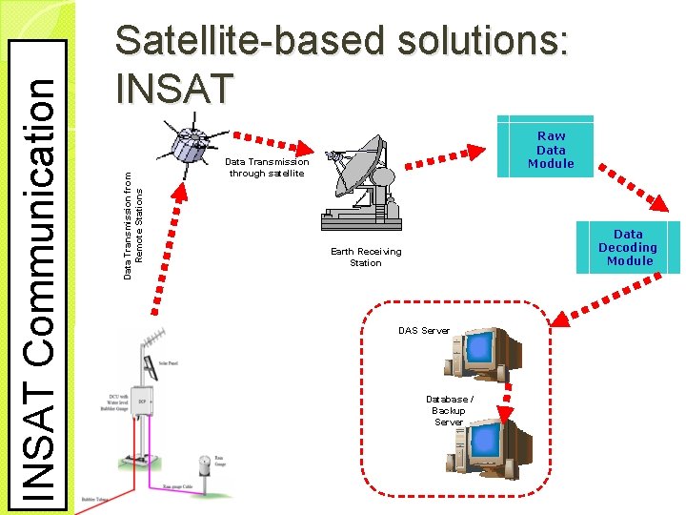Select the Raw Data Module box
point(551,150)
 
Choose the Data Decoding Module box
point(628,247)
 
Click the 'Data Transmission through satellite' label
point(267,168)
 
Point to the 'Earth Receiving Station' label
point(366,257)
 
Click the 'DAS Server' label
point(423,331)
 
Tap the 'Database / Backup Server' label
point(449,410)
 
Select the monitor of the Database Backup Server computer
point(486,438)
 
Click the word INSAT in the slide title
point(172,89)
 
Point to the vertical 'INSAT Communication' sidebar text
point(39,273)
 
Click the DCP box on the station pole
point(142,401)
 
